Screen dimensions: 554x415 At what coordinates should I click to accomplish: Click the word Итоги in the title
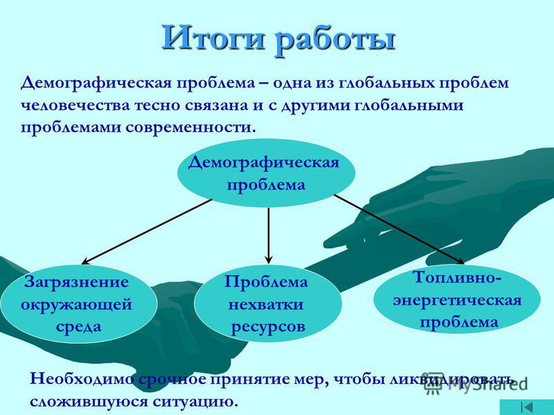click(213, 38)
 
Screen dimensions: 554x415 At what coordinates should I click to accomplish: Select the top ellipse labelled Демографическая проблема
click(266, 174)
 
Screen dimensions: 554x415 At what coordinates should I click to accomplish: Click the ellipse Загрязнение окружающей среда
click(78, 304)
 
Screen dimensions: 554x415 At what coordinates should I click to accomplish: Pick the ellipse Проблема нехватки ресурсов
click(268, 304)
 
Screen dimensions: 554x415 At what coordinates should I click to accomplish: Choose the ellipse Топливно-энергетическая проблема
click(457, 299)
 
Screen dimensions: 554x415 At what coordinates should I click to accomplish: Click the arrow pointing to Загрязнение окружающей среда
click(147, 232)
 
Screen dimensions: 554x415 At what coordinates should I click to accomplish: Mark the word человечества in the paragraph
click(75, 106)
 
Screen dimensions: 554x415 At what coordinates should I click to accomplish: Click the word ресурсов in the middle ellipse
click(268, 327)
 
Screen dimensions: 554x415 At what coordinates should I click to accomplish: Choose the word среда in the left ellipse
click(78, 326)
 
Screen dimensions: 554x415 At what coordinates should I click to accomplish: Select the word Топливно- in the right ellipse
click(457, 278)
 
